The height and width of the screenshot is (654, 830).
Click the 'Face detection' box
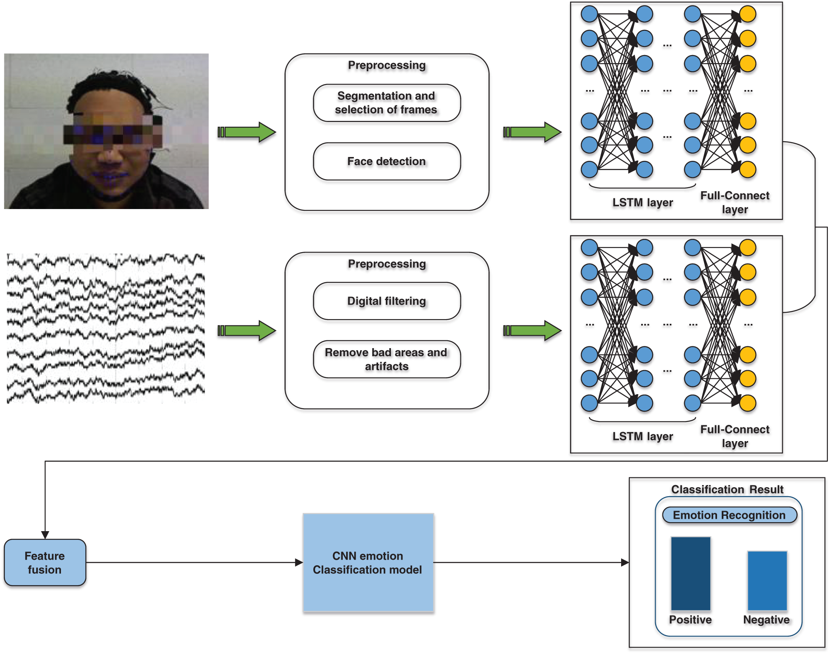tap(386, 161)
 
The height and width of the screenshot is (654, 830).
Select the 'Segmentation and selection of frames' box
tap(386, 103)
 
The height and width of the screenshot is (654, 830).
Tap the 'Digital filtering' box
tap(386, 301)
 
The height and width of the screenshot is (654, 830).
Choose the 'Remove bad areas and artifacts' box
tap(386, 359)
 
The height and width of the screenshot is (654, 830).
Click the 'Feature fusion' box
tap(45, 562)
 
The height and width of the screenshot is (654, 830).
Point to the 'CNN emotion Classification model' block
tap(368, 563)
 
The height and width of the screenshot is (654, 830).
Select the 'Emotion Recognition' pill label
tap(729, 515)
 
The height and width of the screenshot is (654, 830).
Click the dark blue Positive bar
tap(690, 574)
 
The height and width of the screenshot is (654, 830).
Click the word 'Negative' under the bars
tap(766, 619)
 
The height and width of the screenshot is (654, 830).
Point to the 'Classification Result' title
tap(727, 489)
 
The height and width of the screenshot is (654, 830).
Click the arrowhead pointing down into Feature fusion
tap(45, 535)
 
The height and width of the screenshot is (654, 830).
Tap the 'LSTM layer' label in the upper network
tap(642, 202)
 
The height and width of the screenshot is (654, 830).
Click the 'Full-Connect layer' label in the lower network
tap(735, 436)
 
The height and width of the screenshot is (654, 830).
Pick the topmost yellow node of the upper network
tap(748, 14)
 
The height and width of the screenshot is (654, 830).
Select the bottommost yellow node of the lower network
tap(748, 403)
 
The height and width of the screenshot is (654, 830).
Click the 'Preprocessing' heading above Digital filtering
tap(387, 264)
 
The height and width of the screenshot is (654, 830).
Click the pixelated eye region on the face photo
tap(113, 134)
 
